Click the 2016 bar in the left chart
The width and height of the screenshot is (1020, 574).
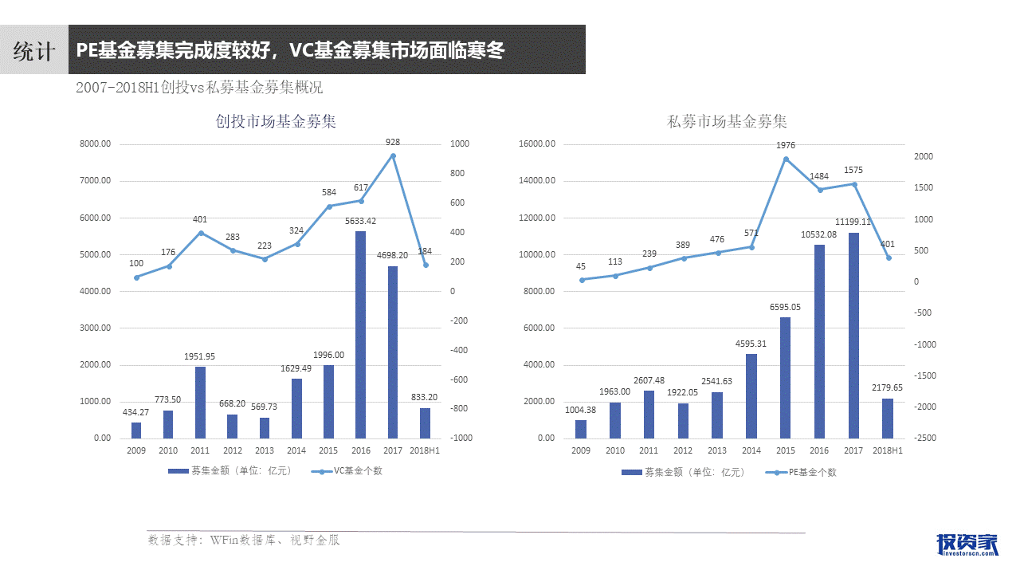point(360,335)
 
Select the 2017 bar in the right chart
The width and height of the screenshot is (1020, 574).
point(853,335)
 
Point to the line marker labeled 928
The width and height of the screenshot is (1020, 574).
point(392,155)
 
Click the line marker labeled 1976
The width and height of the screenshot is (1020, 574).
point(786,159)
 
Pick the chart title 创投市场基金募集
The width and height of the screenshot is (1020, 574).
point(277,122)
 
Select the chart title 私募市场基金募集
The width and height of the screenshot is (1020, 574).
point(728,122)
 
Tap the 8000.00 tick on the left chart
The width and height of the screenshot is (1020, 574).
point(95,144)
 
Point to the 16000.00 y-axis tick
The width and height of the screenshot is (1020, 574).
point(537,144)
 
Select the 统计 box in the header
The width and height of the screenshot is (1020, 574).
point(33,50)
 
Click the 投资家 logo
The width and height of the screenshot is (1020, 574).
point(967,543)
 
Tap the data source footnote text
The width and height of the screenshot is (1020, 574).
point(244,540)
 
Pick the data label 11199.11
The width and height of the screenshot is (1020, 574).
point(853,222)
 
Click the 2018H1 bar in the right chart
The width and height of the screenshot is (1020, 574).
point(887,418)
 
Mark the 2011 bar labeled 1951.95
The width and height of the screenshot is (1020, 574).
point(200,402)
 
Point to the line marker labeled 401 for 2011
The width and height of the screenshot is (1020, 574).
point(201,233)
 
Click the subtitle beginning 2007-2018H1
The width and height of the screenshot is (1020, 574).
point(199,88)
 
